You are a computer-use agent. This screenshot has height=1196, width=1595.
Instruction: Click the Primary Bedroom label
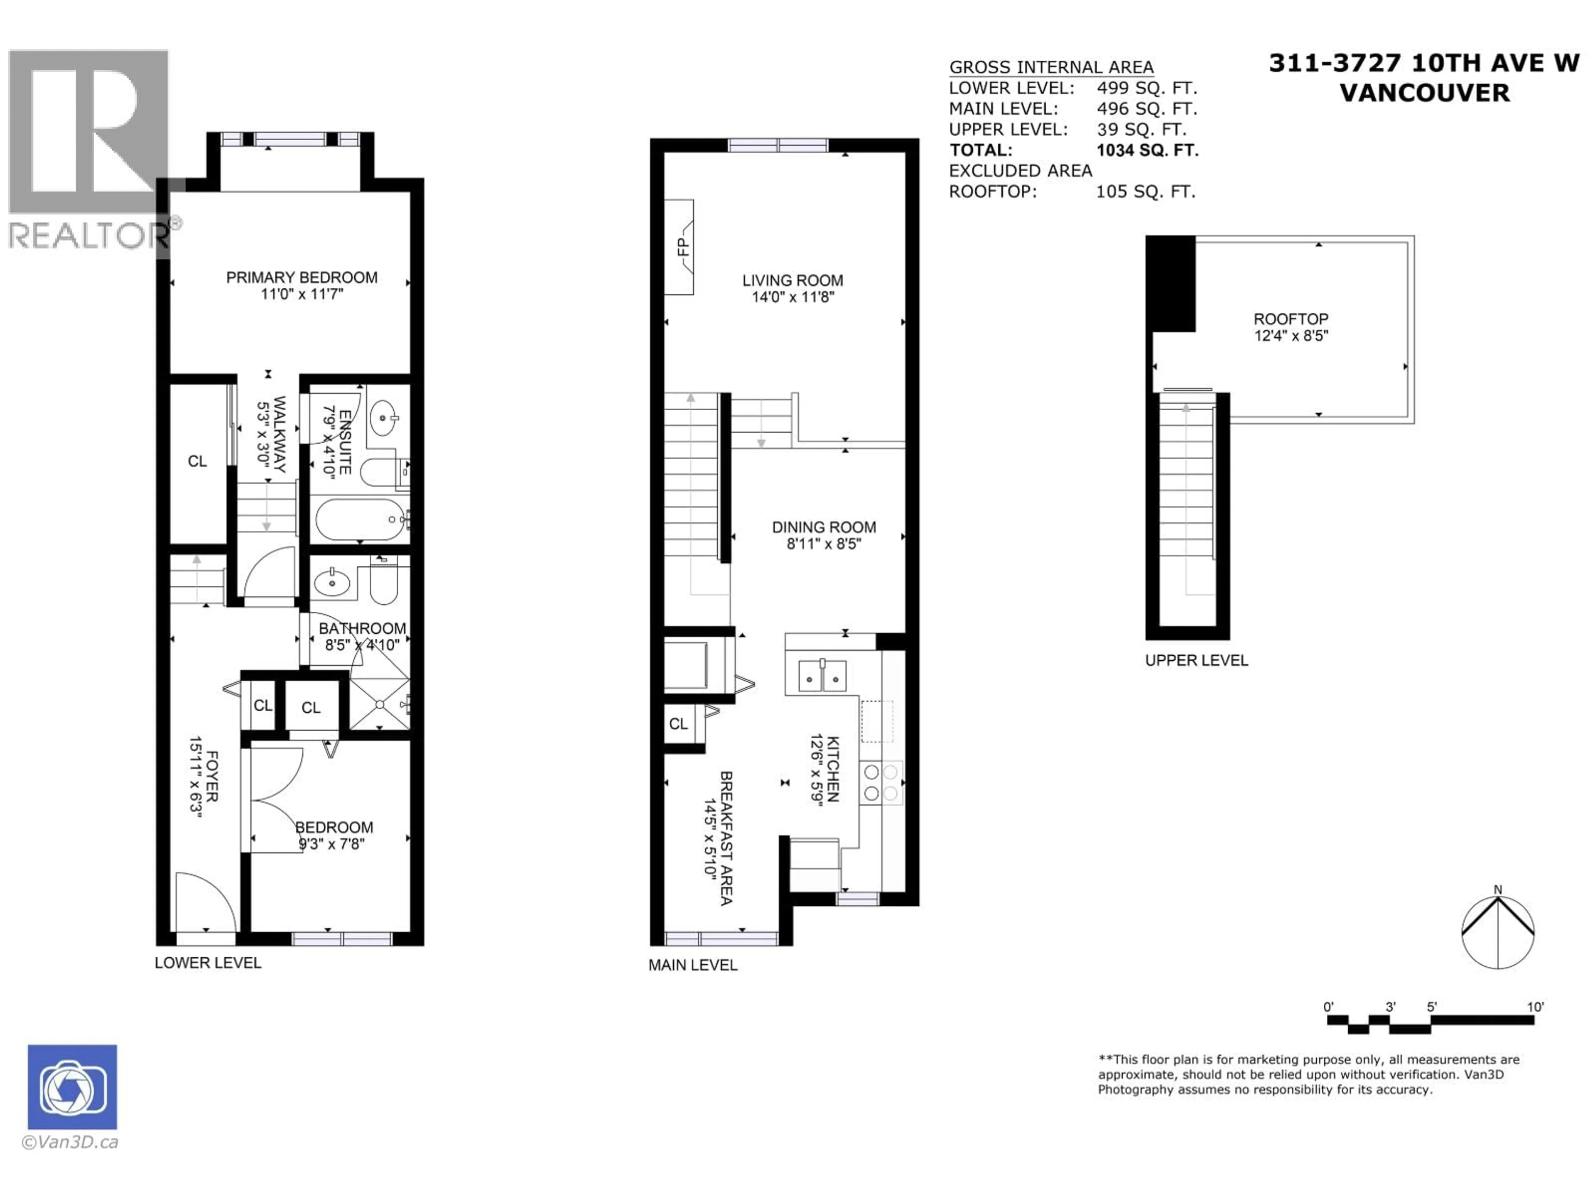[302, 277]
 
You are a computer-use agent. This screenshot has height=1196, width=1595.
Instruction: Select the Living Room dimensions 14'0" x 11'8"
[793, 297]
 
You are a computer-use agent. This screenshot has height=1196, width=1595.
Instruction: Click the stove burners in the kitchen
[881, 783]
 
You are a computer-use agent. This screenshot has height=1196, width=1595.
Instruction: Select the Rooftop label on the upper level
[1291, 319]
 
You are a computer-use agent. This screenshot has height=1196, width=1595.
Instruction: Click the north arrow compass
[1498, 932]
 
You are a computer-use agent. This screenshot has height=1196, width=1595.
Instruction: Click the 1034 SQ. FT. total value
[1147, 150]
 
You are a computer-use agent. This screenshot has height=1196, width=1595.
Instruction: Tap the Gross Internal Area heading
[1051, 67]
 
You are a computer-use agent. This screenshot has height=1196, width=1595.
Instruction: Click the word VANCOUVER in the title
[1425, 93]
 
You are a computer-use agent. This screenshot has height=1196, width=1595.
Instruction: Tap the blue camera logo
[72, 1086]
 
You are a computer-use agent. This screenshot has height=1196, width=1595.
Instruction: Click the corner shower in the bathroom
[379, 703]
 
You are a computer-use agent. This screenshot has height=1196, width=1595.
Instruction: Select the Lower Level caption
[208, 963]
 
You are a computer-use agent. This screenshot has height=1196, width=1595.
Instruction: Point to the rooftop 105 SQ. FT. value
[1146, 192]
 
